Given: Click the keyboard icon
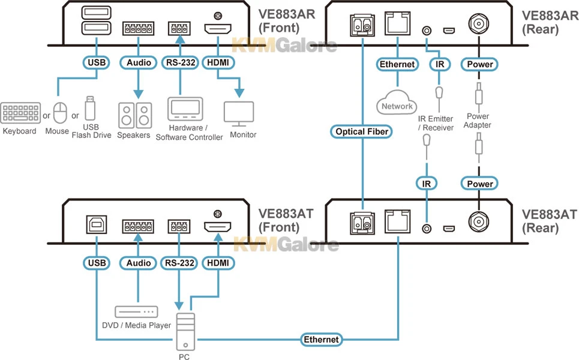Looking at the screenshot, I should coord(20,113).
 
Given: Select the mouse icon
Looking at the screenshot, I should coord(59,112).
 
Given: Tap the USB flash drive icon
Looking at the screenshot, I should coord(90,109).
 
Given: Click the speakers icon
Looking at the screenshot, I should coord(134,115).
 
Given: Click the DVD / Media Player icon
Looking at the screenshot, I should coord(136,312).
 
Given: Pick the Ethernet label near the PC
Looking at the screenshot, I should coord(321,340).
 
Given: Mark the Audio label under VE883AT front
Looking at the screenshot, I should coord(137,262).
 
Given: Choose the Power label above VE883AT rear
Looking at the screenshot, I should coord(479,184).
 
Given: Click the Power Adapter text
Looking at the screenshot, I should coord(478,121).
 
